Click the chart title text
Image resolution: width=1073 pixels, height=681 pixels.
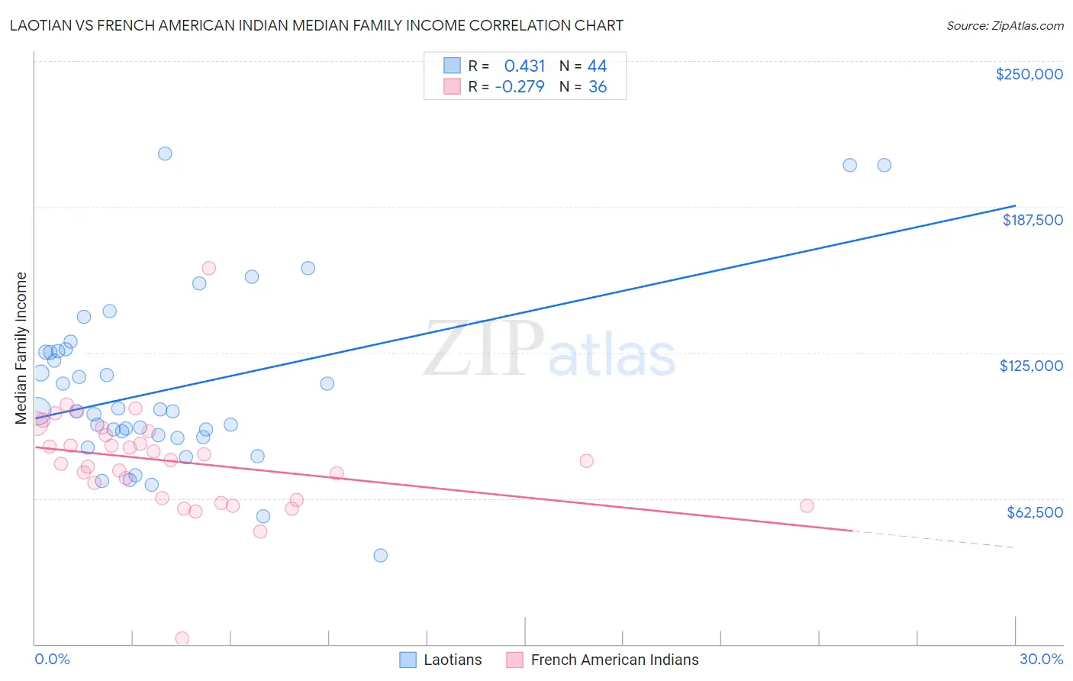tap(316, 25)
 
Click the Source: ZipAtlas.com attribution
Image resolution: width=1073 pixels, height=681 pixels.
tap(1004, 25)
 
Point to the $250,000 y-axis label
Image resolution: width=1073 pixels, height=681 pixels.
tap(1029, 74)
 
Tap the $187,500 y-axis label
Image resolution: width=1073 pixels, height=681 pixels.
tap(1032, 220)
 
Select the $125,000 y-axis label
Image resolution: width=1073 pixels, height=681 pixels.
tap(1031, 366)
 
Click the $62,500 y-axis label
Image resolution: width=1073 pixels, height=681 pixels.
tap(1034, 512)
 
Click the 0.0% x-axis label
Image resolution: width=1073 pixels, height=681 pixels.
tap(52, 659)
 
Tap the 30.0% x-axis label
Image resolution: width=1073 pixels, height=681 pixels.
tap(1041, 659)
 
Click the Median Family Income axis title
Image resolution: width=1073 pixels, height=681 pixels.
tap(21, 348)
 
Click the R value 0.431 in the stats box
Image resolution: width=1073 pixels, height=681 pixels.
tap(524, 66)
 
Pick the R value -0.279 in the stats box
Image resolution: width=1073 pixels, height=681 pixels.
tap(520, 87)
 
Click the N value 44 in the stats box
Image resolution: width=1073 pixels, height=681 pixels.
tap(597, 66)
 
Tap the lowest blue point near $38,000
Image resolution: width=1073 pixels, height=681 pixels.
tap(380, 555)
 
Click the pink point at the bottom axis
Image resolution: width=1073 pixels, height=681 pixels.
tap(182, 638)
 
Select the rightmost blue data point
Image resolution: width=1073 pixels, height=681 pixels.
tap(884, 165)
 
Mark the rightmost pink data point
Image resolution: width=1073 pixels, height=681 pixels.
tap(807, 505)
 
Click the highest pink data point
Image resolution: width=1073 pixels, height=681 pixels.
tap(208, 268)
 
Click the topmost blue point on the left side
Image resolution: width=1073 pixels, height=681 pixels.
tap(165, 153)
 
